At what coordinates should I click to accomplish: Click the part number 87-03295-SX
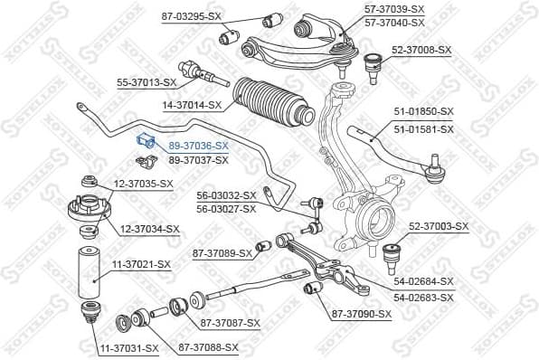[191, 17]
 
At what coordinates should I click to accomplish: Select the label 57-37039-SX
[393, 8]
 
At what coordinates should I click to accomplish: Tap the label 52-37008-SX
[421, 50]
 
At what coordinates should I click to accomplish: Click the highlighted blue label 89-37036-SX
[198, 145]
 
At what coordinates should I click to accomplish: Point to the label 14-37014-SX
[192, 105]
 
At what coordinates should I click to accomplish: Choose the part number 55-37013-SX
[146, 82]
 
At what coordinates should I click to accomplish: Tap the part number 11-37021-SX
[140, 264]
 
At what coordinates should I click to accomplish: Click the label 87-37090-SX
[361, 314]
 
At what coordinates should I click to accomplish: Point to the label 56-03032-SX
[226, 194]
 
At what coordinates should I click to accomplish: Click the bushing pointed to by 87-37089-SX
[264, 246]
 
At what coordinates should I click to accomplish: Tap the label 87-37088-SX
[208, 346]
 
